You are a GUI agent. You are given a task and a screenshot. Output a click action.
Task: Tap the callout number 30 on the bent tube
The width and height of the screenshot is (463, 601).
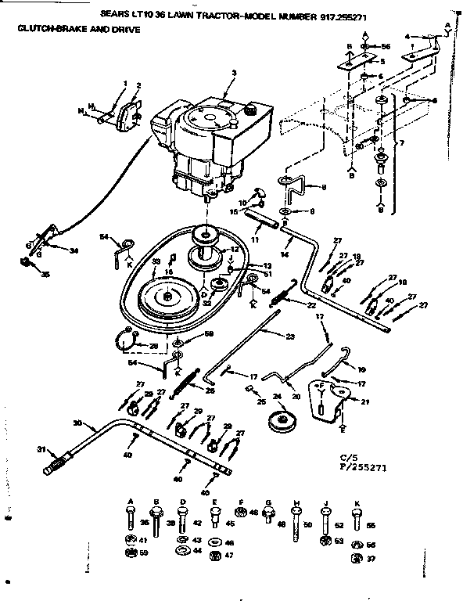(77, 423)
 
